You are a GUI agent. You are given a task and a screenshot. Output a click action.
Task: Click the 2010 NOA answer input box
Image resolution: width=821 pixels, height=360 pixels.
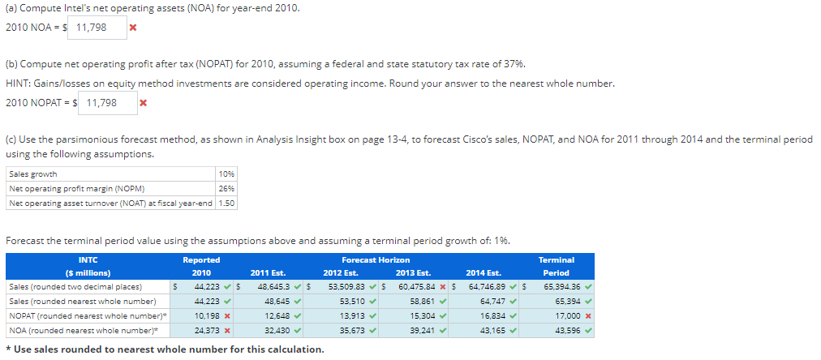tap(101, 28)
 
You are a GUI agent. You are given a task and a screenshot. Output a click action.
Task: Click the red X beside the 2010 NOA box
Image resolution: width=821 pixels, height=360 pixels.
tap(132, 28)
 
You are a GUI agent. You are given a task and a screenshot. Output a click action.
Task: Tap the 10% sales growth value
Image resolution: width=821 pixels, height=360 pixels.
tap(226, 174)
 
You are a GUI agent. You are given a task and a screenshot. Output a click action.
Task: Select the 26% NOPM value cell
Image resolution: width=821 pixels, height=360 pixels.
tap(226, 188)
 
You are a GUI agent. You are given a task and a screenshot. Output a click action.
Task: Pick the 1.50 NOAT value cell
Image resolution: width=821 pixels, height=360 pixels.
tap(226, 203)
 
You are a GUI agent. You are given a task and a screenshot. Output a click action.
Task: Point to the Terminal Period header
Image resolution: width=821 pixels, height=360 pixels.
tap(557, 266)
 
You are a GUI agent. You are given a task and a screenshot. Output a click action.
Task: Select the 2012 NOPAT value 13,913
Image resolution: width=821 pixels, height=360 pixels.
tap(347, 315)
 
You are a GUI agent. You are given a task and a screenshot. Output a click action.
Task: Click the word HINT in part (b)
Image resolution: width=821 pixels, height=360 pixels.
tap(19, 84)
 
